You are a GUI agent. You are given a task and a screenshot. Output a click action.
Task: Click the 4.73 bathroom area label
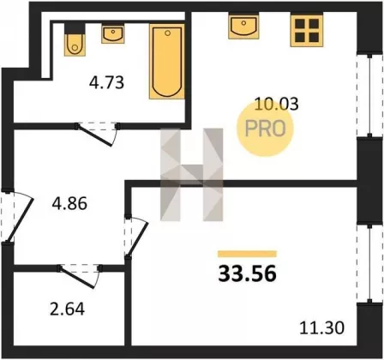(x=106, y=83)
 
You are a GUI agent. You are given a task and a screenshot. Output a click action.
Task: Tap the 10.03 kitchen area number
(x=276, y=104)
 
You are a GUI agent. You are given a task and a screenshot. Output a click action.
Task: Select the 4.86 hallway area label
(x=69, y=204)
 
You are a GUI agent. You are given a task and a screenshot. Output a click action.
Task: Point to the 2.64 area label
(x=68, y=309)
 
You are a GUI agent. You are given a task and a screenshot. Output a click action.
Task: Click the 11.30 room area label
(x=321, y=327)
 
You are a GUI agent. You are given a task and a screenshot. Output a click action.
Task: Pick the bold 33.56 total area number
(x=248, y=273)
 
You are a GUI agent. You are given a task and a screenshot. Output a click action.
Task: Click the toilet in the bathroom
(x=75, y=39)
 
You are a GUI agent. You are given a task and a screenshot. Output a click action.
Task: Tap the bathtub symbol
(x=167, y=62)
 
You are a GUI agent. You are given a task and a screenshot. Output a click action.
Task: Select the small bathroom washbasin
(x=113, y=34)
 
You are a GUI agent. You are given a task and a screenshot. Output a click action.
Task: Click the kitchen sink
(x=243, y=26)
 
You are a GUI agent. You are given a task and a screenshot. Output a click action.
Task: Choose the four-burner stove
(x=307, y=30)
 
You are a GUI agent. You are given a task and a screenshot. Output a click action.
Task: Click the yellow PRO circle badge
(x=265, y=129)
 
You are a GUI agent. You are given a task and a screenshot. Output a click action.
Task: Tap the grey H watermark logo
(x=191, y=175)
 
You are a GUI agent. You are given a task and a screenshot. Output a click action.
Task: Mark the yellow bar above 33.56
(x=248, y=254)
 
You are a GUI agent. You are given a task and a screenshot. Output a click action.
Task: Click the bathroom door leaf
(x=94, y=136)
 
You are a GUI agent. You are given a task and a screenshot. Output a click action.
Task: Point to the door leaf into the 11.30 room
(x=137, y=239)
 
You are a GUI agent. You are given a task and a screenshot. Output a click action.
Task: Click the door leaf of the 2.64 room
(x=77, y=278)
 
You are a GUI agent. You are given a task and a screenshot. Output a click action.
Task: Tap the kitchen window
(x=370, y=95)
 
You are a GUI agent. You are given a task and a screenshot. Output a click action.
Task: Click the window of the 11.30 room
(x=370, y=263)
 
